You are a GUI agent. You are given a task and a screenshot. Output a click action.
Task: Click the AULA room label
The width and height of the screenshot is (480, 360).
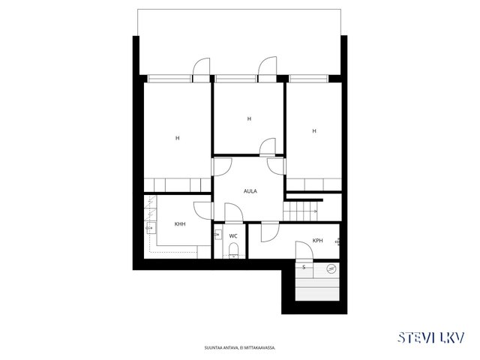pyautogui.click(x=250, y=191)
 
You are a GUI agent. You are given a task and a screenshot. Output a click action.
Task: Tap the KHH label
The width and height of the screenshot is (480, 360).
pyautogui.click(x=180, y=224)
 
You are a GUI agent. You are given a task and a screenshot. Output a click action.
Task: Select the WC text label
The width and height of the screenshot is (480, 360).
pyautogui.click(x=233, y=236)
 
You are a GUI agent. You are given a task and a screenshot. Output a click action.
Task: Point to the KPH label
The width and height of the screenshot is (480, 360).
pyautogui.click(x=318, y=241)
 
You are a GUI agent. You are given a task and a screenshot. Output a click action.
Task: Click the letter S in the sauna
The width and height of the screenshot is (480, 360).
pyautogui.click(x=304, y=267)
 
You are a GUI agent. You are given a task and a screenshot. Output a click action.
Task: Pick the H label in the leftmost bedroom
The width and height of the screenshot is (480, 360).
pyautogui.click(x=177, y=138)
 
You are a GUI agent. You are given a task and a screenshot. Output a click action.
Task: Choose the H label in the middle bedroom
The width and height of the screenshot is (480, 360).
pyautogui.click(x=249, y=118)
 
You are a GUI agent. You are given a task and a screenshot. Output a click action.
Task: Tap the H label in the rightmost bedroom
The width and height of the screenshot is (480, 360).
pyautogui.click(x=314, y=131)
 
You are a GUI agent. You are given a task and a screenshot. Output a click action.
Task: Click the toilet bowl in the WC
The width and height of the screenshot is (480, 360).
pyautogui.click(x=233, y=249)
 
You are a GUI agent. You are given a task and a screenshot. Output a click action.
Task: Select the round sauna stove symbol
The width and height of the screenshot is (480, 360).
pyautogui.click(x=331, y=269)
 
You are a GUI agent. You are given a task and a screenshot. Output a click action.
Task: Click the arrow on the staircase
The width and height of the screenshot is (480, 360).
pyautogui.click(x=314, y=211)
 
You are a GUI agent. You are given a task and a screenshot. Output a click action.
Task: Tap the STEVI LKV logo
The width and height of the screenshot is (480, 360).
pyautogui.click(x=431, y=337)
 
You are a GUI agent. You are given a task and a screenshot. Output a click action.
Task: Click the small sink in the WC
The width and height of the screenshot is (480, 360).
pyautogui.click(x=218, y=235)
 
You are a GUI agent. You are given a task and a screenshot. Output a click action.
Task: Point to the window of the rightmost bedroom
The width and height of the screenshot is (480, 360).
pyautogui.click(x=309, y=79)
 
